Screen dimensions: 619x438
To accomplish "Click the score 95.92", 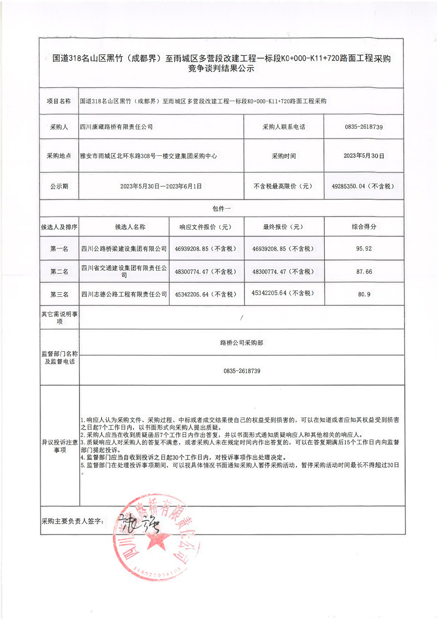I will click(x=363, y=249).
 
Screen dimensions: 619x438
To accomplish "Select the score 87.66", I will click(x=364, y=272).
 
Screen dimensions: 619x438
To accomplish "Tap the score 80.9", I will click(x=364, y=294).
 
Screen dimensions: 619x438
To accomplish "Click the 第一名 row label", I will click(x=59, y=249).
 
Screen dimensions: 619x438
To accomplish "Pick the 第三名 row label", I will click(x=59, y=294).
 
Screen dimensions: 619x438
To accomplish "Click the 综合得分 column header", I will click(x=364, y=227).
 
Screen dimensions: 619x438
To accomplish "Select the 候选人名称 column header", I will click(x=130, y=227).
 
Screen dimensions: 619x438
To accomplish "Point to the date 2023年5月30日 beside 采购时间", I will click(x=363, y=156).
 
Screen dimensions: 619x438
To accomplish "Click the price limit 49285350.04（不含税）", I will click(x=363, y=186).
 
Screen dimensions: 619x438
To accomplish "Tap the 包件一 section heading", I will click(x=221, y=209).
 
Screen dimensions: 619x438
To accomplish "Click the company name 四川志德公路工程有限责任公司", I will click(x=124, y=294).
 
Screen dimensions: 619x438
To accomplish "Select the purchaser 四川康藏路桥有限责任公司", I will click(x=116, y=127).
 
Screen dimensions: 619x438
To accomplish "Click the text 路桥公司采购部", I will click(x=241, y=343).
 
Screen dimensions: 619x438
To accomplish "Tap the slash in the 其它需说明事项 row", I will click(x=241, y=318).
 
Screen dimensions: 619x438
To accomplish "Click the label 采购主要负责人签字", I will click(x=72, y=521).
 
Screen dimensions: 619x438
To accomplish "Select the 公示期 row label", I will click(x=59, y=186).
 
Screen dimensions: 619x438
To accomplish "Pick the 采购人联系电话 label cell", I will click(x=283, y=127).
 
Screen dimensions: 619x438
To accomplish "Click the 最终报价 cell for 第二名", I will click(x=283, y=272).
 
